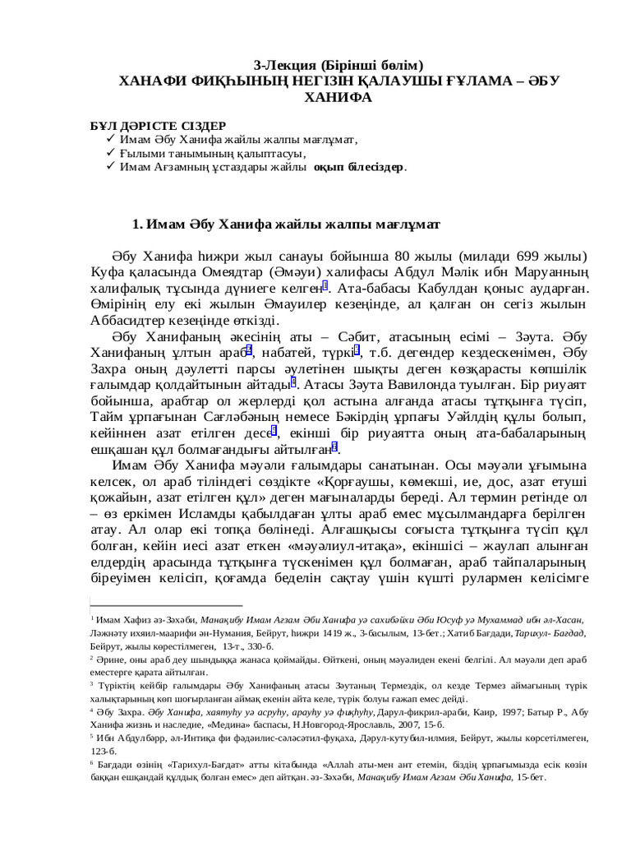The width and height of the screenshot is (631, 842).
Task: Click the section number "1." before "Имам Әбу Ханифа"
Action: [x=138, y=224]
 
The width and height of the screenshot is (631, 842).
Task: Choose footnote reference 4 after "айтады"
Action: [x=292, y=382]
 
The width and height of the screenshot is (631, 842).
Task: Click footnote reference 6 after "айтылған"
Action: [x=334, y=448]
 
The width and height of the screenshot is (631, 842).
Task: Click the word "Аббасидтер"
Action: [x=131, y=322]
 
